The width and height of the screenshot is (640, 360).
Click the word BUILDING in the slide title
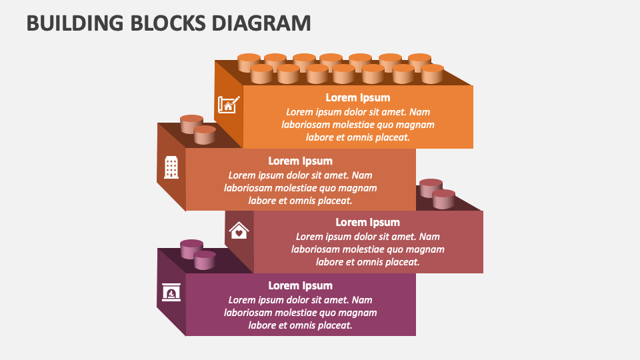click(x=75, y=23)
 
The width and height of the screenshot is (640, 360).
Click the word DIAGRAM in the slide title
click(x=261, y=23)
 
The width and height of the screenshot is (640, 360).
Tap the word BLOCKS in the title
click(x=168, y=23)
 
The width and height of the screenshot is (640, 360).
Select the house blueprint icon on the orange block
click(x=229, y=104)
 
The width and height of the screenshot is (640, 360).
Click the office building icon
click(x=171, y=167)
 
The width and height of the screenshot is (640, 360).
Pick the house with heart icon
click(x=239, y=230)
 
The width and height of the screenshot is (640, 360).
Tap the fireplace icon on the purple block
click(x=171, y=292)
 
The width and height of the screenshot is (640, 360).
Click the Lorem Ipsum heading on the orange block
click(x=358, y=98)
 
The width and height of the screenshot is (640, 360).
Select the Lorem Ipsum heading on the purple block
click(x=301, y=286)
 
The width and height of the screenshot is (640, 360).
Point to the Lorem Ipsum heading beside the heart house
click(x=368, y=223)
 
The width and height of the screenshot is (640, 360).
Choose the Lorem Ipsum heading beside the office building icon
click(x=301, y=161)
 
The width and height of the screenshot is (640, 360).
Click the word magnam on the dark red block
click(x=426, y=250)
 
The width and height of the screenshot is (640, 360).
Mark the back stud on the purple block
click(x=191, y=249)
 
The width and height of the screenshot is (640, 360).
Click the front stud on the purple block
click(x=205, y=261)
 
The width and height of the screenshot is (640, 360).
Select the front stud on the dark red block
click(x=444, y=199)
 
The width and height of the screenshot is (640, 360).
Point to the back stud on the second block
click(x=191, y=124)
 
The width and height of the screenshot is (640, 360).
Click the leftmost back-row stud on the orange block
click(x=249, y=62)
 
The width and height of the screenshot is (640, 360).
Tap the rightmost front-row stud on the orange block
click(x=432, y=74)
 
